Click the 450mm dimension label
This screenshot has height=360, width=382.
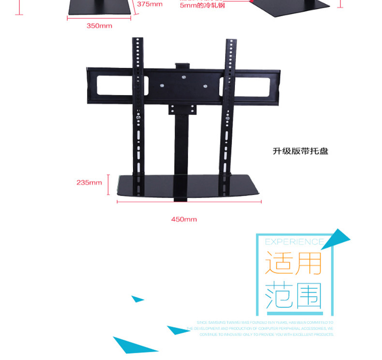[184, 219]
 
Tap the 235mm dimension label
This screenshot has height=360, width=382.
[89, 183]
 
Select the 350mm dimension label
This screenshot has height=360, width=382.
[99, 26]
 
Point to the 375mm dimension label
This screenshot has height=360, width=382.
[150, 4]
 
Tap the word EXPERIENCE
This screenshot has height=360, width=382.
[294, 242]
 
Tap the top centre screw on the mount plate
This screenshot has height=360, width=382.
[184, 77]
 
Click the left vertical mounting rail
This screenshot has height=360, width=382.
[139, 111]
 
